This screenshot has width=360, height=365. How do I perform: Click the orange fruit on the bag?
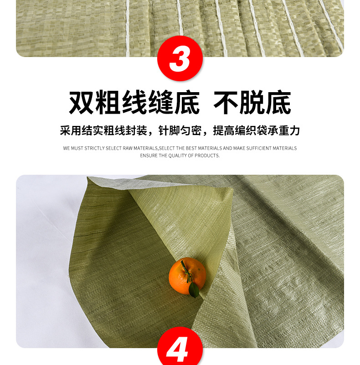[186, 275]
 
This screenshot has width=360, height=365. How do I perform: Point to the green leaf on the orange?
[193, 290]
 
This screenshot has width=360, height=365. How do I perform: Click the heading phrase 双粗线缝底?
[134, 104]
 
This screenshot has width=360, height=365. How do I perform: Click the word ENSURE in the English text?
[149, 156]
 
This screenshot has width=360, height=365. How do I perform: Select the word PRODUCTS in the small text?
[207, 156]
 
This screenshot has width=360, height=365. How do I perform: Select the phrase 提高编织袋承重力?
[257, 131]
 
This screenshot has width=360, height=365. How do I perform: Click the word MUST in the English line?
[77, 148]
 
